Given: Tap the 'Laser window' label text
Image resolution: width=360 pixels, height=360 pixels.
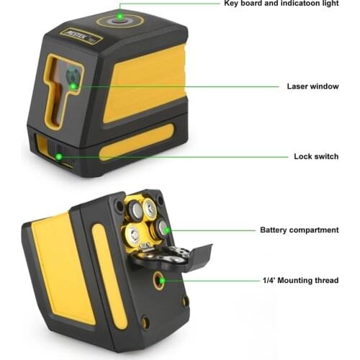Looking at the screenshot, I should (x=312, y=86).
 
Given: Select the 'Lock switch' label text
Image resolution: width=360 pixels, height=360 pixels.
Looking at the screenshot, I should (x=316, y=156).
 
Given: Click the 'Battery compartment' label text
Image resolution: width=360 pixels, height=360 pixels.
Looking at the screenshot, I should (x=299, y=230).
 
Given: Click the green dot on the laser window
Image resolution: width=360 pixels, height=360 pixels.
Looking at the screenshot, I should (x=74, y=86).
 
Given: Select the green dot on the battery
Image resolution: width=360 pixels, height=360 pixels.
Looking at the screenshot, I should (x=166, y=231).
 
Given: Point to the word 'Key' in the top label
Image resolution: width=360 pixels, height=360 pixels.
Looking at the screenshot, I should (x=231, y=3).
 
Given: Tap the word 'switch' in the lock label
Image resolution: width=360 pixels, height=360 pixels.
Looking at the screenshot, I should (x=326, y=156).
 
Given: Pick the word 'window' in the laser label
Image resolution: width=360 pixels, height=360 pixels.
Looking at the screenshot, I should (x=324, y=86).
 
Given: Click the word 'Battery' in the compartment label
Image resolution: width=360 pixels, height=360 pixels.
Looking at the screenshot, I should (x=273, y=230).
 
